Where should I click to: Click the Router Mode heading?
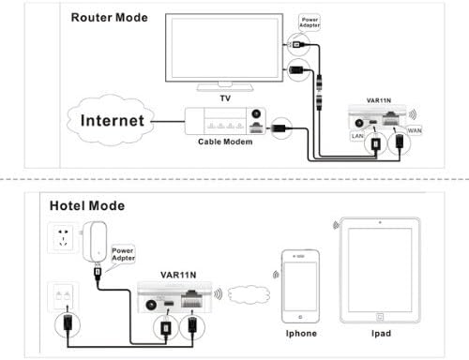110,18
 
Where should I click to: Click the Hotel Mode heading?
87,205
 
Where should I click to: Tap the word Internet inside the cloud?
113,121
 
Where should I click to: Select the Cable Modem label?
225,142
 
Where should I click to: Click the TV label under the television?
225,98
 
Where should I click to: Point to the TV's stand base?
225,88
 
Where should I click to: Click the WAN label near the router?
415,130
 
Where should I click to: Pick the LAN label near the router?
357,136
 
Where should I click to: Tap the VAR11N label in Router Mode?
379,100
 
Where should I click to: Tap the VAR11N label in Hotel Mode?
178,275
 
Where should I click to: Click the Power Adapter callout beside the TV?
310,22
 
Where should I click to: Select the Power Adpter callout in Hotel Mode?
123,254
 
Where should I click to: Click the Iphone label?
301,334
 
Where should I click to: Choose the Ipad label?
381,334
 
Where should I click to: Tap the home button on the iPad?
380,317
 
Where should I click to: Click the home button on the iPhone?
300,317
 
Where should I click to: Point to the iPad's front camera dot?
380,222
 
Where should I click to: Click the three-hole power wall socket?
63,237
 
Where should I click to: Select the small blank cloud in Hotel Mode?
249,294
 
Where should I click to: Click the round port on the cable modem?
256,113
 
